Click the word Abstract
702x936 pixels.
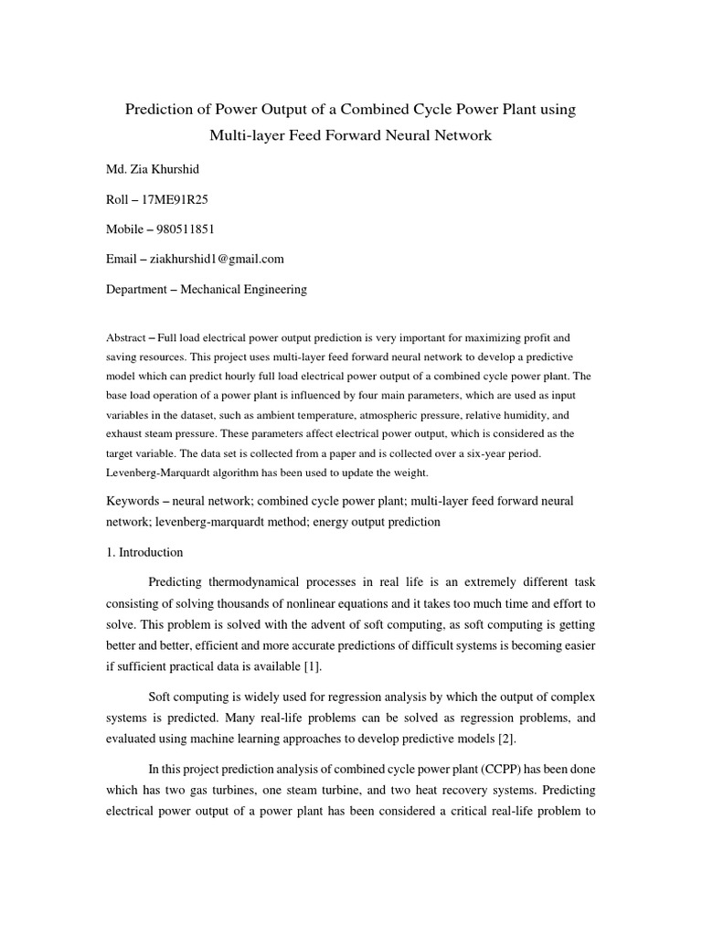[x=125, y=338]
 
